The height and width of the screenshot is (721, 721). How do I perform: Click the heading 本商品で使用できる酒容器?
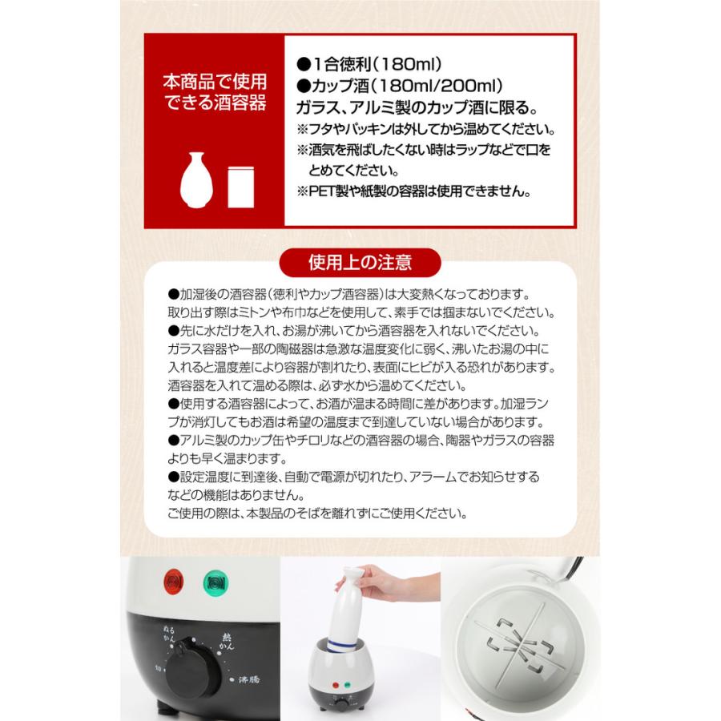pyautogui.click(x=215, y=93)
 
